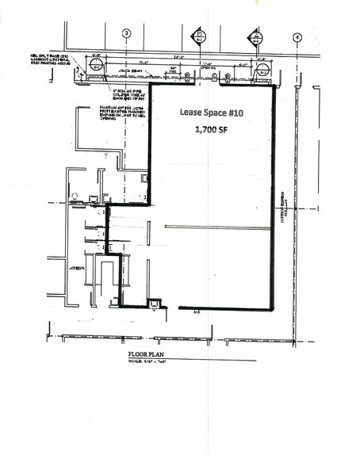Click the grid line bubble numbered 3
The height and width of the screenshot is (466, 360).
pyautogui.click(x=126, y=33)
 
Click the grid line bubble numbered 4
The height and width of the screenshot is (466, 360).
pyautogui.click(x=297, y=36)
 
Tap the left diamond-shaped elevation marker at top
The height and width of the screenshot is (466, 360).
pyautogui.click(x=200, y=36)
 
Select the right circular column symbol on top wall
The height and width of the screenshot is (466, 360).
pyautogui.click(x=262, y=71)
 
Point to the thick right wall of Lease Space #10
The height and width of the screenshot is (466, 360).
pyautogui.click(x=274, y=198)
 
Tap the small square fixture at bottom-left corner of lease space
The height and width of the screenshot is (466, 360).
pyautogui.click(x=155, y=303)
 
